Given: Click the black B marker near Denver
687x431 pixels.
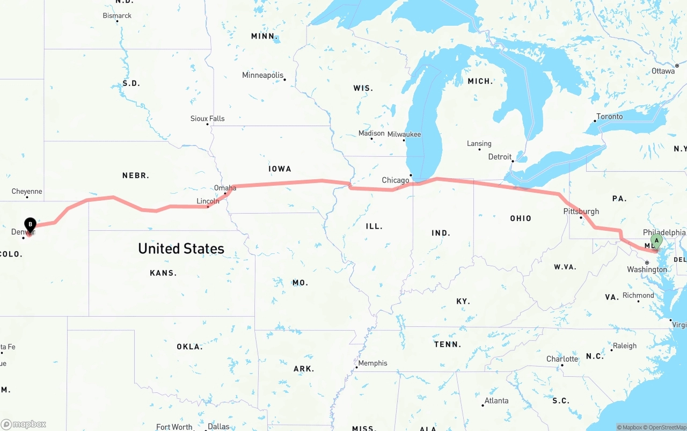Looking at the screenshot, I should point(31,224).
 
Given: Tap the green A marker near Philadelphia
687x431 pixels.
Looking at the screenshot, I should point(656,241).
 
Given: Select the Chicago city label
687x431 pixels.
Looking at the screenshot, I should point(396,180).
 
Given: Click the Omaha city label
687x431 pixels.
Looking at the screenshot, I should point(225,188).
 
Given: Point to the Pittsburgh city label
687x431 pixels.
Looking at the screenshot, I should point(581,211).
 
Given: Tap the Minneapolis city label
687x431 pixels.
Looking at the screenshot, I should point(262,75).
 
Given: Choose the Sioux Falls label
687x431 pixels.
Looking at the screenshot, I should point(207,119).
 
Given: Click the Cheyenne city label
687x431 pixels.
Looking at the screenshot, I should point(27,192).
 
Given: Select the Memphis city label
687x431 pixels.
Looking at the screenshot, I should point(372,363).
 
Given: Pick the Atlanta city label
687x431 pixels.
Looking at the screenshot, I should point(496,401).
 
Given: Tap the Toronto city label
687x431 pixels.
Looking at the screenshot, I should point(610,116).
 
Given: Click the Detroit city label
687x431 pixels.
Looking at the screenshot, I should point(500,157).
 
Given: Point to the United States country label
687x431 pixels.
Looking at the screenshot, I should point(181,249).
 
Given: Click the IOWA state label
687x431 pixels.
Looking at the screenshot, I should point(280,169).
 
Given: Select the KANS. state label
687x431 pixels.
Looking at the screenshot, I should point(163,273).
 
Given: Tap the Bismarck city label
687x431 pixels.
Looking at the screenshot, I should point(117,16).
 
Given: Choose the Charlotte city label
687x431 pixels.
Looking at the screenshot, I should point(562,359).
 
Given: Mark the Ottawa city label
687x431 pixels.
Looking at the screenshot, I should point(663,71).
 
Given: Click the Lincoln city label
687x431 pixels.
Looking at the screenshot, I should point(208,201).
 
